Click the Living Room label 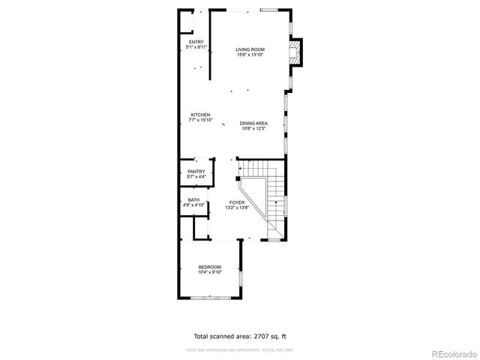coord(250,49)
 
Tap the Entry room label coord(196,42)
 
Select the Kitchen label coord(199,115)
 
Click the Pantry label coord(196,172)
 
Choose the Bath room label coord(193,199)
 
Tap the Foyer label coord(237,202)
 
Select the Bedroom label coord(209,267)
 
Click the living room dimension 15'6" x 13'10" coord(250,55)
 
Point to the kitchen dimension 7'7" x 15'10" coord(199,120)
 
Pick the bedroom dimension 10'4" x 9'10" coord(209,272)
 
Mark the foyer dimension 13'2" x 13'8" coord(237,208)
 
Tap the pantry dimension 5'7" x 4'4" coord(196,177)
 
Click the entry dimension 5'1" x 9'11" coord(196,47)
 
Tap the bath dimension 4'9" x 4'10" coord(193,205)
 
